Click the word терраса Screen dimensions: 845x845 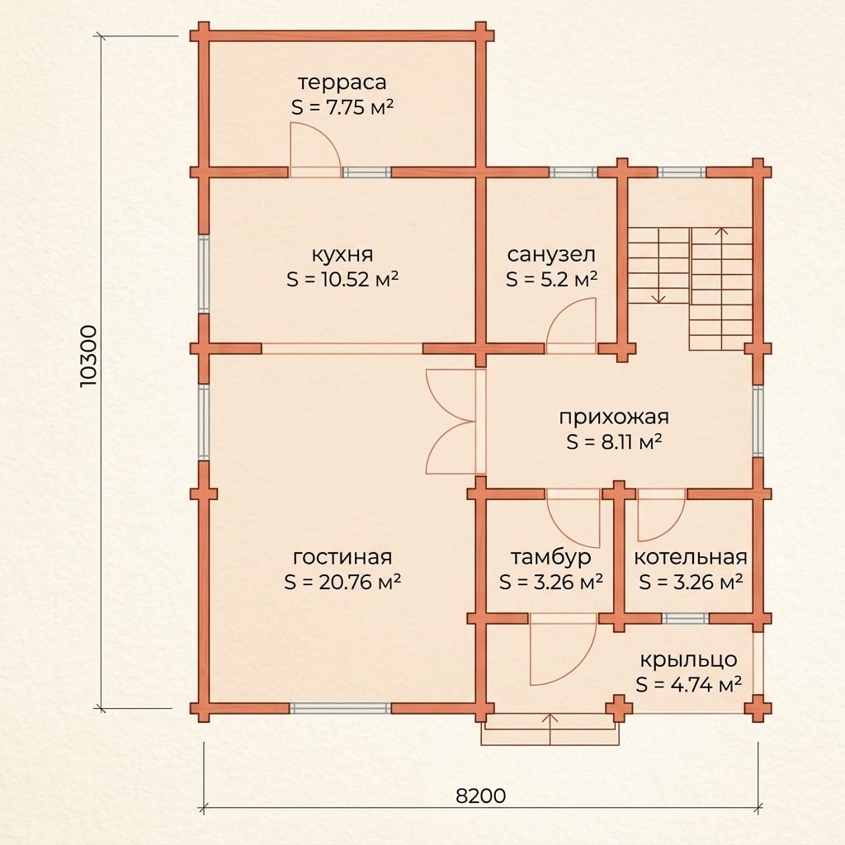[342, 83]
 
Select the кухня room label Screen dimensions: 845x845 [342, 254]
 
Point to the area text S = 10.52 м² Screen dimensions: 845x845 [342, 279]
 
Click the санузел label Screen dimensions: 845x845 [551, 254]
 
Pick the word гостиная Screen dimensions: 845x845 [342, 557]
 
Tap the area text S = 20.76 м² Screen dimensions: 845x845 [342, 582]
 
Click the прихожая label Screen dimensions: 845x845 [614, 418]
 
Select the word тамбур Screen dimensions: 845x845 [550, 557]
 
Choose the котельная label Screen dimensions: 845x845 [691, 557]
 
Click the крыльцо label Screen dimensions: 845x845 [689, 659]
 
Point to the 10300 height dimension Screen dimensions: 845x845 [88, 356]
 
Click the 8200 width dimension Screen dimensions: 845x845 [481, 795]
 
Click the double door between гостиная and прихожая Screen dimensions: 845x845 [451, 422]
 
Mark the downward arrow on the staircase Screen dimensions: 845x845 [659, 265]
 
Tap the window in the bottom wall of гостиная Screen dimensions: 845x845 [341, 708]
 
